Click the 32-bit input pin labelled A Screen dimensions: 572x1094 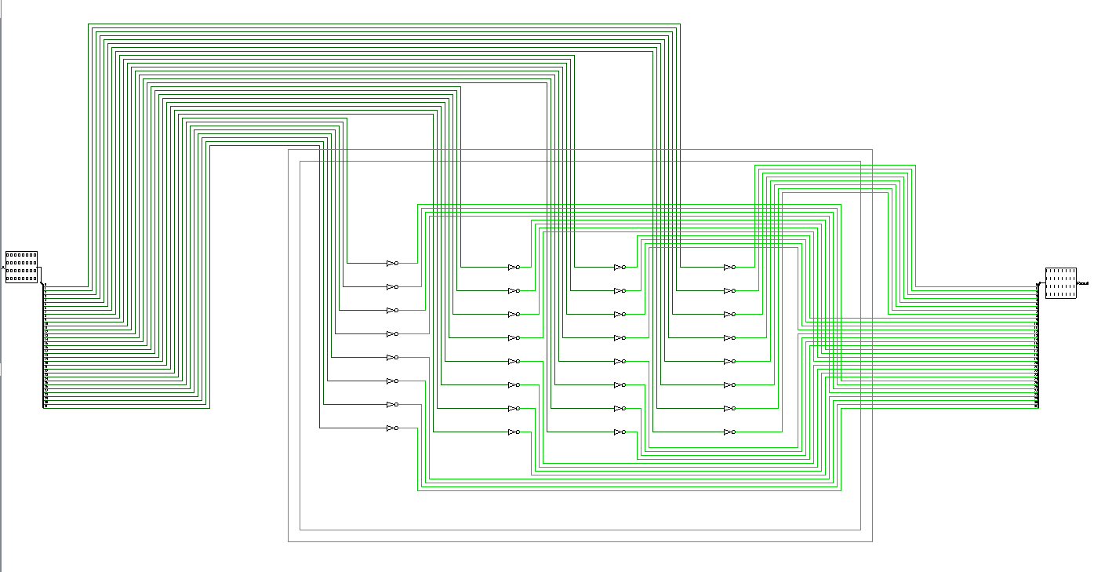(21, 267)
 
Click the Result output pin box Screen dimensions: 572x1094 (1060, 282)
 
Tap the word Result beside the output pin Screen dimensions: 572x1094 (1083, 282)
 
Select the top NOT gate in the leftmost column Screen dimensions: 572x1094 (392, 264)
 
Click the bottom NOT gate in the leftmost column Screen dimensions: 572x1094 (392, 428)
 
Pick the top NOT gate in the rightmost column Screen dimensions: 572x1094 (729, 268)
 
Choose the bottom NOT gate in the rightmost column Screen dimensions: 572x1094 (729, 432)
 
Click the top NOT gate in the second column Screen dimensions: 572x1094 (514, 268)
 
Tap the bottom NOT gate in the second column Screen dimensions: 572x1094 (514, 432)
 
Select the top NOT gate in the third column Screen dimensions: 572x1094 (620, 268)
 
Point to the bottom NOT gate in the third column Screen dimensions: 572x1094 (620, 432)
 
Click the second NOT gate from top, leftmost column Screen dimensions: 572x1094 (392, 287)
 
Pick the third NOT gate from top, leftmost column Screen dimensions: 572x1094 (392, 311)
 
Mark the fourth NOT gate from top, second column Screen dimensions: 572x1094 (514, 338)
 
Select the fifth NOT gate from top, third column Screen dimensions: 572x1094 (620, 362)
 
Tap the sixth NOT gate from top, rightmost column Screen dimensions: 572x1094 (729, 385)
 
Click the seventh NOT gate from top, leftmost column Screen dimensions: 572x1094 (392, 405)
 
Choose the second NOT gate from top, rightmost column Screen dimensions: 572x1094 (729, 291)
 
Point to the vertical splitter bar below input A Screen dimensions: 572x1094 (44, 345)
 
